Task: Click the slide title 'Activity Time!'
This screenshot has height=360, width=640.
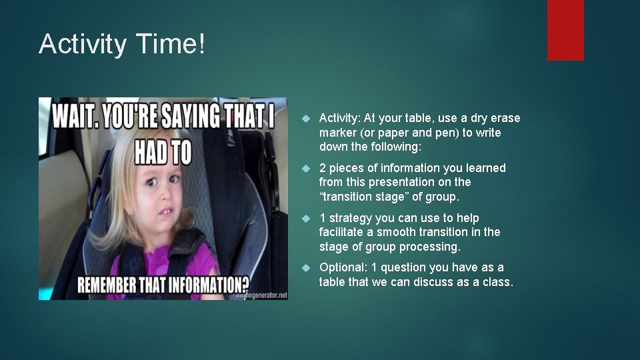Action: point(123,45)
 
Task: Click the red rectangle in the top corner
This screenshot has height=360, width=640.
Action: point(565,30)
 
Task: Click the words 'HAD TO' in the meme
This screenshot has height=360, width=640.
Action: point(163,153)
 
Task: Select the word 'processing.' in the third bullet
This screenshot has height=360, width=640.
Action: point(430,247)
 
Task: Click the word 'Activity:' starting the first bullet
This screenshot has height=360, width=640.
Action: point(340,118)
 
